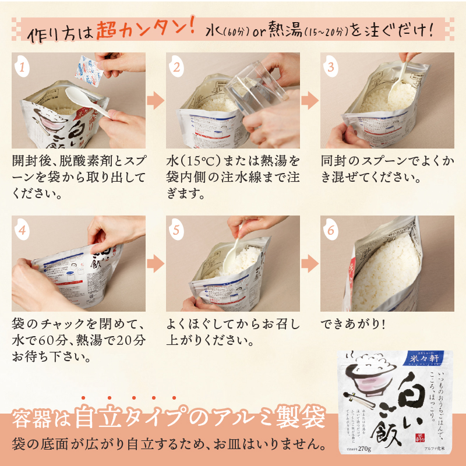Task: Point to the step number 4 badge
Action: pyautogui.click(x=22, y=230)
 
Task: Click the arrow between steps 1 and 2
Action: pyautogui.click(x=155, y=100)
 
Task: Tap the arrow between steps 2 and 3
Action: pyautogui.click(x=310, y=100)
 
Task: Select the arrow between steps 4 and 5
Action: pyautogui.click(x=155, y=263)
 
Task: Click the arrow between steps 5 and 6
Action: pyautogui.click(x=310, y=263)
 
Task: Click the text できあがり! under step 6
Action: pyautogui.click(x=353, y=323)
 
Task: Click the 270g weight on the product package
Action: pyautogui.click(x=366, y=447)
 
